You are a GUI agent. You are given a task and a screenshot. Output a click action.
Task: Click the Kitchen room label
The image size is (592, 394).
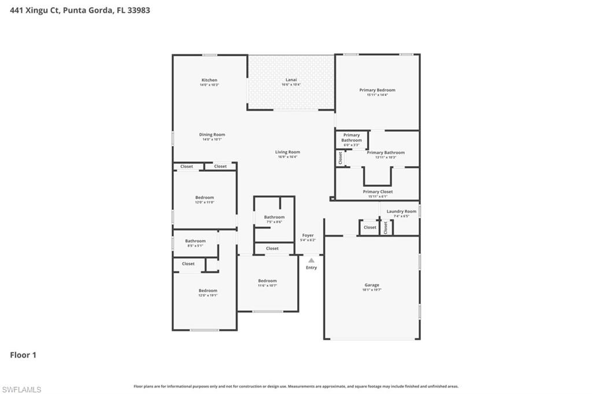pos(209,80)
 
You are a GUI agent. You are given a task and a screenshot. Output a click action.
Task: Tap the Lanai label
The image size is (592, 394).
pos(291,79)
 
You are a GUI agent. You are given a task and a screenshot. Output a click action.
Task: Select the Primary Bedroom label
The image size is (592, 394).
pos(377,90)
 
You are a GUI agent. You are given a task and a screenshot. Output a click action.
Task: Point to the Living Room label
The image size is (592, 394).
pos(287,152)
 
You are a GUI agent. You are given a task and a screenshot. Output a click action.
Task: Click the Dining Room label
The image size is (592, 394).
pos(212,134)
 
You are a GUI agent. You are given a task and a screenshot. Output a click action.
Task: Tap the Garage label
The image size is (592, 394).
pos(372,285)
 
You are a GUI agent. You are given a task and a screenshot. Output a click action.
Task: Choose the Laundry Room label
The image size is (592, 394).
pos(401,211)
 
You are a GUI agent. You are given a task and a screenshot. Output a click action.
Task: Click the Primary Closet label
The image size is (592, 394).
pos(378,192)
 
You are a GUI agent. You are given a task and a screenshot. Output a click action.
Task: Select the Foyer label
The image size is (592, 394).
pos(308,235)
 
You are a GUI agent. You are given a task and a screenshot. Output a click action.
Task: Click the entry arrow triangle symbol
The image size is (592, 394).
pos(311,260)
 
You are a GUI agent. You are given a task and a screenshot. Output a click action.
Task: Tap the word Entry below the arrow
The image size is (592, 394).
pos(311,268)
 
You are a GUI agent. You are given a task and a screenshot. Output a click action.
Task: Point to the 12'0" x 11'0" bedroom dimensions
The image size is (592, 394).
pos(204,202)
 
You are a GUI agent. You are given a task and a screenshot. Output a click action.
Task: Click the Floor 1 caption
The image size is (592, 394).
pos(23,355)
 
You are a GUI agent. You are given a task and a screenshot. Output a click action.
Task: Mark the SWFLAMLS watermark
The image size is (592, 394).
pos(21,389)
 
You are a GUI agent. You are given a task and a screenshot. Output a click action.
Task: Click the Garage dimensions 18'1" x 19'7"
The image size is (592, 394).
pos(372,290)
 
